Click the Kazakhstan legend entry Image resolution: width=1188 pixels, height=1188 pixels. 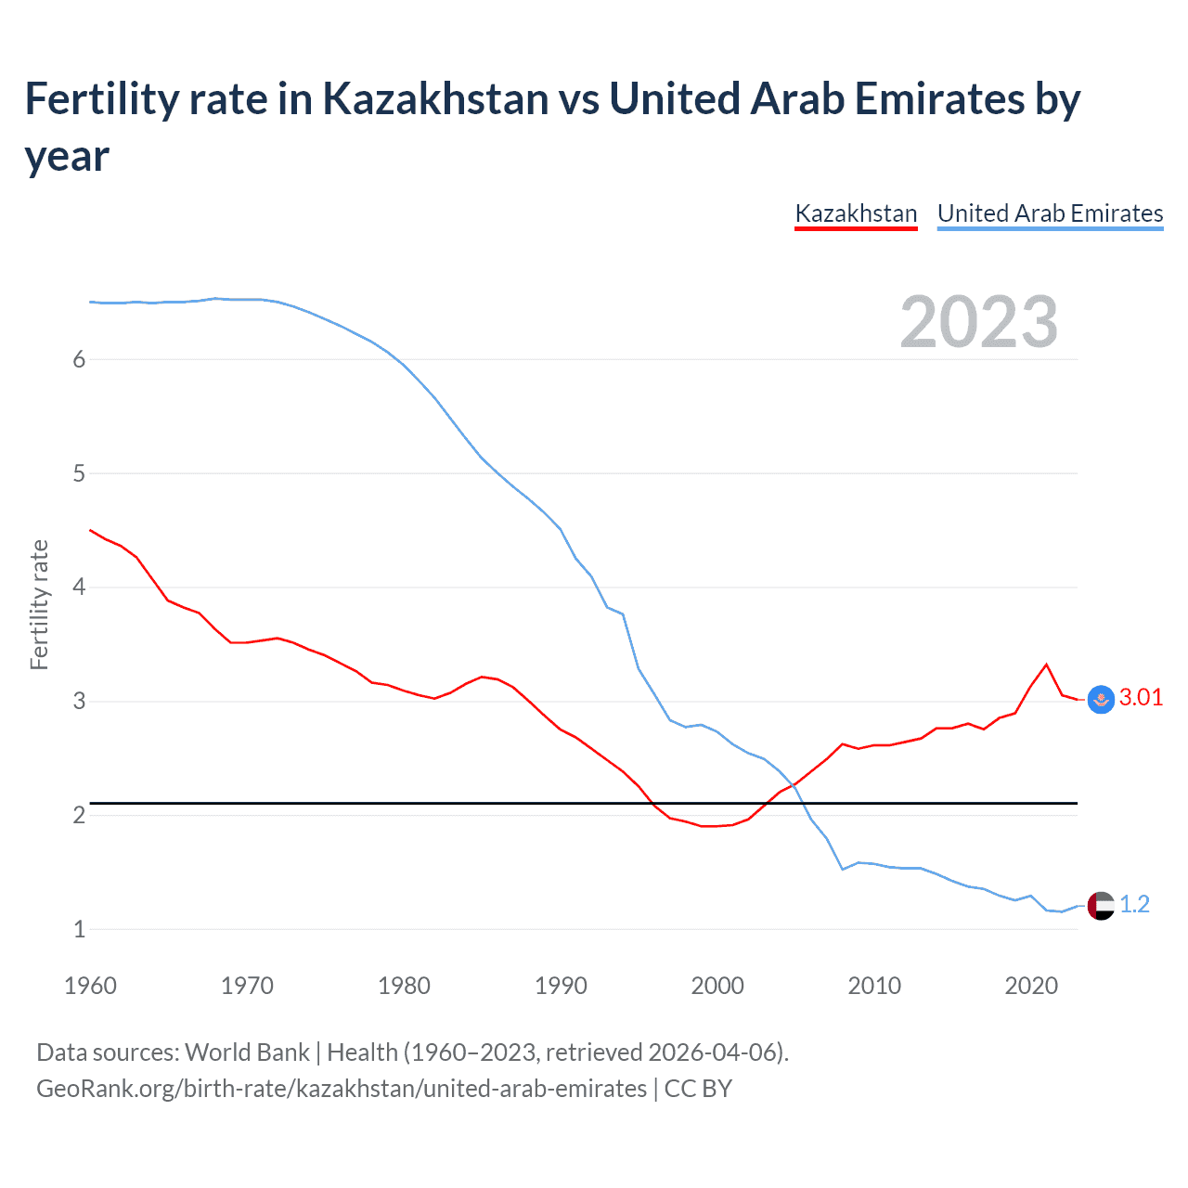[x=856, y=213]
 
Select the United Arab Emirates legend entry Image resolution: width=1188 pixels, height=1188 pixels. [x=1050, y=213]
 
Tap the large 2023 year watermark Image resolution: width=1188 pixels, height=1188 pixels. [x=979, y=322]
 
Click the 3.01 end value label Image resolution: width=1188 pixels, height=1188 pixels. [x=1141, y=698]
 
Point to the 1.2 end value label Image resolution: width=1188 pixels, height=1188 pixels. [x=1134, y=904]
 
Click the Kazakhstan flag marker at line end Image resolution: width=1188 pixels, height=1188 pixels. [x=1101, y=700]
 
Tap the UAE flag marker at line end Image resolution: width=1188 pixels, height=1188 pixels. [x=1101, y=905]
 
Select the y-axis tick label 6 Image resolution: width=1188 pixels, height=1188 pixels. [x=79, y=360]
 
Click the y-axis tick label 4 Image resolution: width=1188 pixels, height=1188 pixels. [x=79, y=588]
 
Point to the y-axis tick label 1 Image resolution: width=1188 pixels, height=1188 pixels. [x=79, y=929]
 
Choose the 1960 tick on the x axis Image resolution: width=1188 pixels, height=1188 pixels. [x=90, y=986]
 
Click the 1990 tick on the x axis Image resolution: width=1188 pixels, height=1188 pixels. [x=561, y=986]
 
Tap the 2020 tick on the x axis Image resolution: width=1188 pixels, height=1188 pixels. [x=1031, y=986]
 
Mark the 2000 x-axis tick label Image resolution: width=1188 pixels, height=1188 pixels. [x=717, y=986]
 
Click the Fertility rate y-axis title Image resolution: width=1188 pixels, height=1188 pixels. [x=39, y=604]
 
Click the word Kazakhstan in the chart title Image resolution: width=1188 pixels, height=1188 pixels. [x=435, y=99]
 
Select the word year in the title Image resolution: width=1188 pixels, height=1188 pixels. [x=67, y=157]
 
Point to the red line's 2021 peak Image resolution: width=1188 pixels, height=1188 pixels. [x=1047, y=665]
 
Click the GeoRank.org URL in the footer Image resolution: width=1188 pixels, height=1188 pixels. [x=342, y=1088]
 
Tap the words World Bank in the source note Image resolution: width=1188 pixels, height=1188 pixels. [x=247, y=1052]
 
